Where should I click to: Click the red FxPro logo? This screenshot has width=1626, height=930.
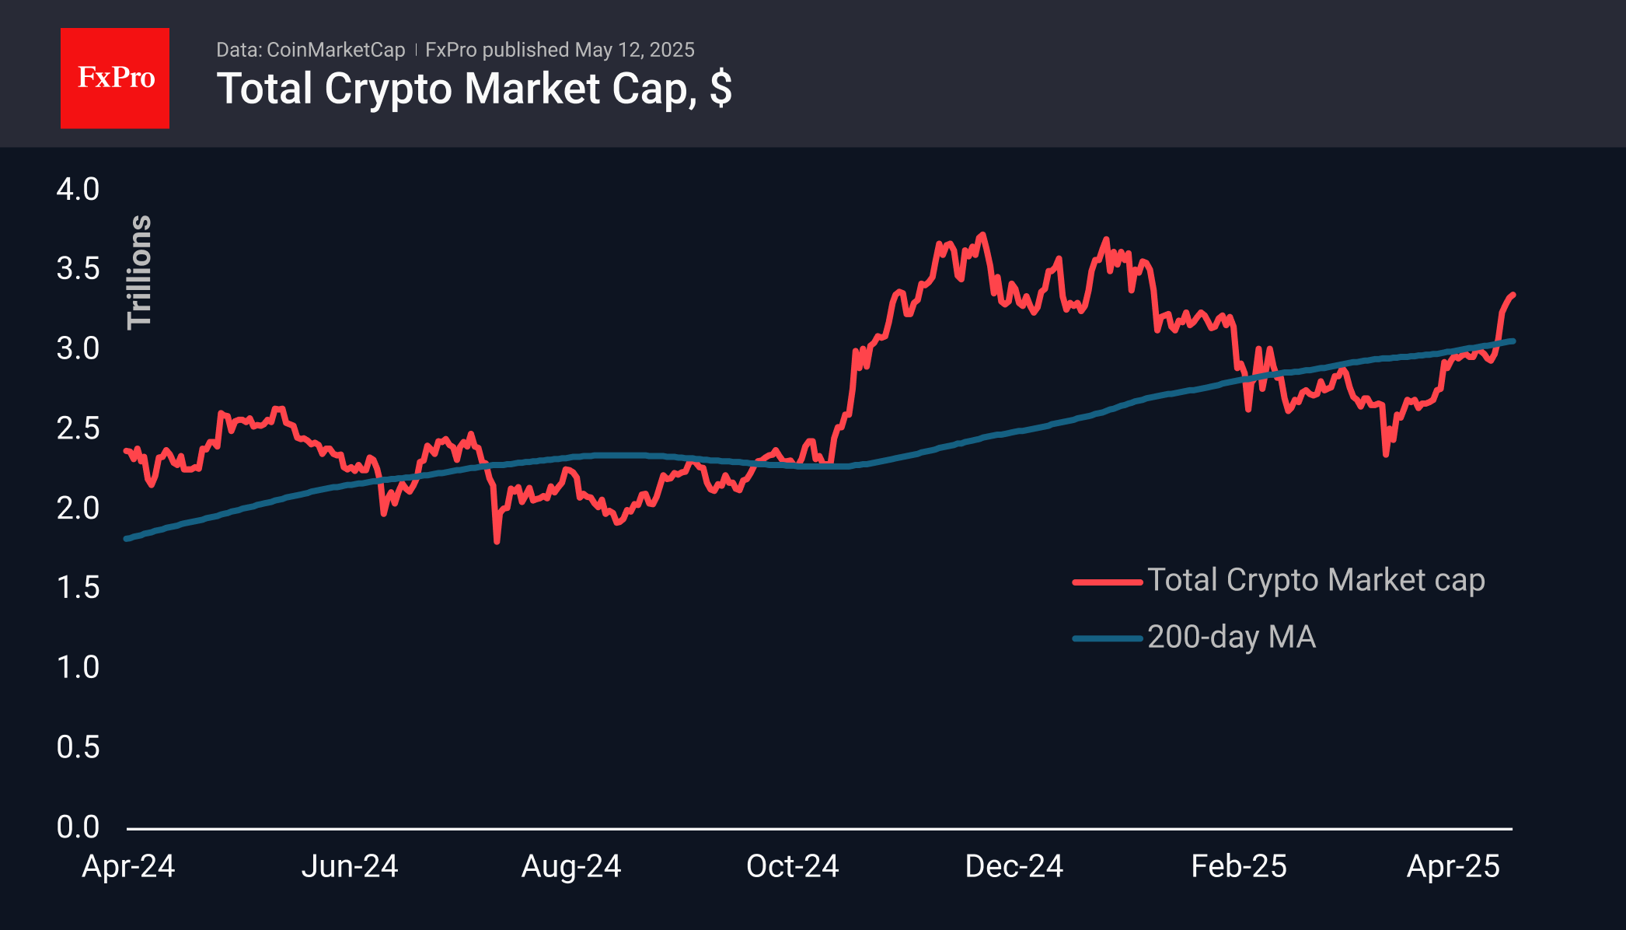(x=115, y=78)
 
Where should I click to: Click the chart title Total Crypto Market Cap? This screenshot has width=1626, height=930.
(x=455, y=89)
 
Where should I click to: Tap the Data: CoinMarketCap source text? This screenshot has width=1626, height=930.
(x=310, y=50)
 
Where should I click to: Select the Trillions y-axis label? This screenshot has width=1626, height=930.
(x=140, y=272)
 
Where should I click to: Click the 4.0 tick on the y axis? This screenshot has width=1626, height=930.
(x=78, y=189)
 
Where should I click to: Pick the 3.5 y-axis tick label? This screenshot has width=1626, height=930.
(x=78, y=269)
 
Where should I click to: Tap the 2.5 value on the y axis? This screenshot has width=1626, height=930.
(x=78, y=428)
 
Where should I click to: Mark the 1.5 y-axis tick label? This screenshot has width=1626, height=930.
(x=78, y=588)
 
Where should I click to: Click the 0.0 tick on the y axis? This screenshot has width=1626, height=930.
(x=78, y=827)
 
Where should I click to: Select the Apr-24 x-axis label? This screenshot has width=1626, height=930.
(x=128, y=866)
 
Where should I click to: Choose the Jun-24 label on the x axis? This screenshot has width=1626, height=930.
(x=350, y=866)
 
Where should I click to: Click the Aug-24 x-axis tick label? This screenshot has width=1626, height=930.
(x=571, y=866)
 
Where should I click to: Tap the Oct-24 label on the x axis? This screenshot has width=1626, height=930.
(x=793, y=866)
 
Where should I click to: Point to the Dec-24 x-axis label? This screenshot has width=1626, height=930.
(x=1014, y=866)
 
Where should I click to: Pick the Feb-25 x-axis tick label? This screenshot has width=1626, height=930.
(x=1239, y=866)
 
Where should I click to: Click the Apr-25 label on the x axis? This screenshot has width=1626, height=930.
(x=1453, y=866)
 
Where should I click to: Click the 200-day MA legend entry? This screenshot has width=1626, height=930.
(x=1231, y=638)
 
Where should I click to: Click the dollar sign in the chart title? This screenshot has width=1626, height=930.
(x=721, y=89)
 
